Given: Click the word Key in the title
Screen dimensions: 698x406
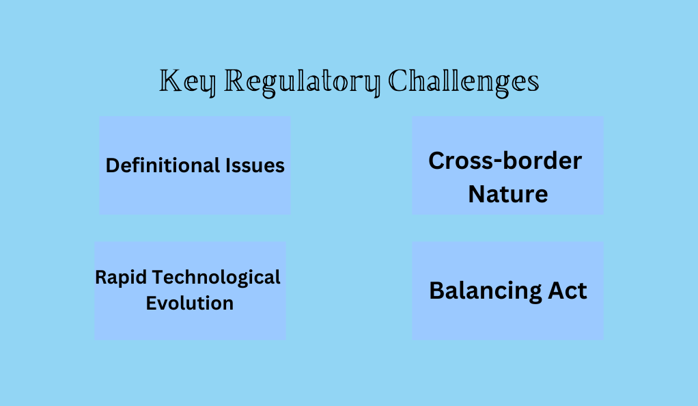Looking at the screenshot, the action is coord(187,83).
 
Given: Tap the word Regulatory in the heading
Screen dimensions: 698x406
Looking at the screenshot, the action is coord(303,83).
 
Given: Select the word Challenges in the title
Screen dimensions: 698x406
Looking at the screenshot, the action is coord(464,83).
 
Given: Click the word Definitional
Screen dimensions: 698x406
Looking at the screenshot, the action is coord(163,165).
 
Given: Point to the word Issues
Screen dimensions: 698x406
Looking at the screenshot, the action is coord(255,165).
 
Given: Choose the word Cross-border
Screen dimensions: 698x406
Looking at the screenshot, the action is coord(505,161).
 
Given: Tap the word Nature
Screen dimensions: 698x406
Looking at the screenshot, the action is coord(508,194).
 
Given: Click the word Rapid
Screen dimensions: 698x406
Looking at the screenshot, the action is coord(121,278).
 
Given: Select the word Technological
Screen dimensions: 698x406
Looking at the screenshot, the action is coord(217,278).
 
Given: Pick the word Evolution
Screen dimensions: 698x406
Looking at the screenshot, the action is coord(190,303).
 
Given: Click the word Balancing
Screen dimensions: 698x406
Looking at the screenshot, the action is coord(486,291).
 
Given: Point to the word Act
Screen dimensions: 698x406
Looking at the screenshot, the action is coord(568,290).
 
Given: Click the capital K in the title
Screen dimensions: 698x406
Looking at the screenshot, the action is coord(169,81).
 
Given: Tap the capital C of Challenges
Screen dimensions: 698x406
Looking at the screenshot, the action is coord(398,81).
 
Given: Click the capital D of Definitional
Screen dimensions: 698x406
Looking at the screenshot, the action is coord(113,165).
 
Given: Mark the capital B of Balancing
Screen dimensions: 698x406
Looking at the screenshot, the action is coord(437,290).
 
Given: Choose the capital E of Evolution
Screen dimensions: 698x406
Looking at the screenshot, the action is coord(152,303).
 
